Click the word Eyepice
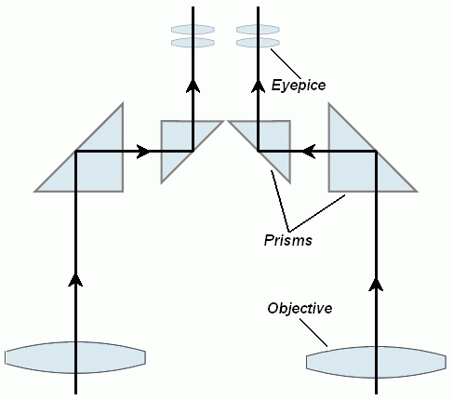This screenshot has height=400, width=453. [299, 86]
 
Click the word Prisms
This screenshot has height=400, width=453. [288, 240]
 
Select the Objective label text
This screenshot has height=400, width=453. [300, 309]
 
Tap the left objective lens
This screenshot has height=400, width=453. [75, 357]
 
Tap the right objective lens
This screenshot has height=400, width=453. [376, 362]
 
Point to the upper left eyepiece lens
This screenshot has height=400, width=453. [193, 30]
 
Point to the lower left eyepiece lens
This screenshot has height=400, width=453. [193, 43]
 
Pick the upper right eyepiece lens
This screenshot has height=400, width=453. [258, 30]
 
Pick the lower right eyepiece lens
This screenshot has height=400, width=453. [258, 43]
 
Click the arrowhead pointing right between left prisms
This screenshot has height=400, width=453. [143, 152]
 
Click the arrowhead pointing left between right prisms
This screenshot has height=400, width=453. [309, 152]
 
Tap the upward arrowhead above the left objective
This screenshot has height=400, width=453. [75, 279]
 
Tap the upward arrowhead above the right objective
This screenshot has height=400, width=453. [376, 285]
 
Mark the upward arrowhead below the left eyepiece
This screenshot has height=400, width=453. [193, 86]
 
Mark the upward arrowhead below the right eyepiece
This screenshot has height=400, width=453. [258, 86]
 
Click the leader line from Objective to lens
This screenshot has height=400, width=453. [313, 332]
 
